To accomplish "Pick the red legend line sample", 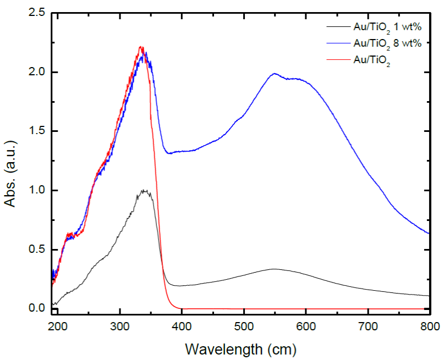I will click(x=337, y=60).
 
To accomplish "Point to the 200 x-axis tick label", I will click(x=57, y=327).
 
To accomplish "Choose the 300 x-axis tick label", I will click(x=119, y=327).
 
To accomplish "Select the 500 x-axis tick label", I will click(x=244, y=327).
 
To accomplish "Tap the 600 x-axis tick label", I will click(x=306, y=327).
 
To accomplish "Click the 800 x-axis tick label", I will click(x=429, y=327).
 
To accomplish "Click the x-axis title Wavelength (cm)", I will click(x=241, y=348).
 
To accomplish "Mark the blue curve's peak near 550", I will click(x=274, y=74).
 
